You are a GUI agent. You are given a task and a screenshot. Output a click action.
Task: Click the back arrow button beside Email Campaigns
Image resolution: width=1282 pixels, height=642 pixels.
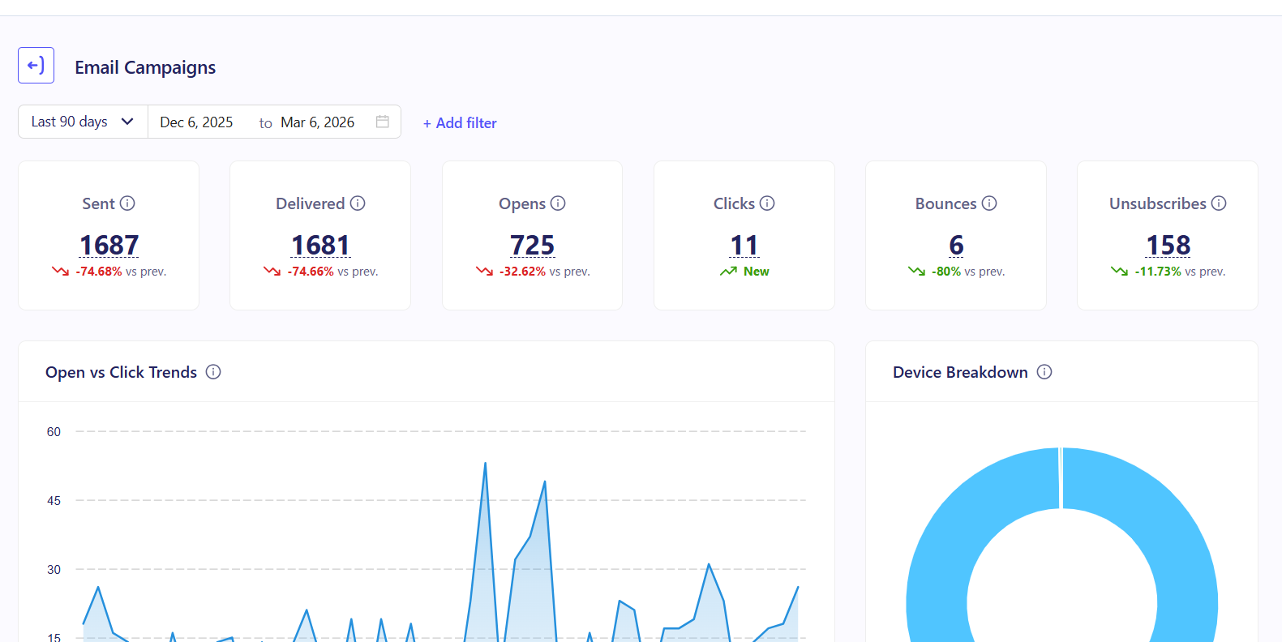tap(36, 66)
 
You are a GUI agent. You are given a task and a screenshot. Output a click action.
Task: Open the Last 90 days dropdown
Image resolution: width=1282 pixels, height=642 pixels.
tap(82, 122)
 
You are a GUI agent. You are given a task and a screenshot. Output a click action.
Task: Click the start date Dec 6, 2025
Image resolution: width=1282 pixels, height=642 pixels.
tap(196, 122)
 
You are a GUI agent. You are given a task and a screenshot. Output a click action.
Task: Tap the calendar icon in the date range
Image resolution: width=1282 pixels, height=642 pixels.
tap(383, 122)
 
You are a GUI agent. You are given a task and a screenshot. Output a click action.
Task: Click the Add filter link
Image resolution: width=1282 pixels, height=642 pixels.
tap(460, 123)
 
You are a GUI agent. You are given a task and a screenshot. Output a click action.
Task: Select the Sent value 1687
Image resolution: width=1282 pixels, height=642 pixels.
tap(109, 245)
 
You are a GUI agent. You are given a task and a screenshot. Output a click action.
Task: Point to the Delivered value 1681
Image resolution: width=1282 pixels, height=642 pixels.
tap(320, 245)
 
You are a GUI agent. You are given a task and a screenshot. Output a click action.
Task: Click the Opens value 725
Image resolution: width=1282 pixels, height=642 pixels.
tap(532, 245)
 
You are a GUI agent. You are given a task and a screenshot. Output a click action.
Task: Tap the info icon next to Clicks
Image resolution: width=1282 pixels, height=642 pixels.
tap(767, 203)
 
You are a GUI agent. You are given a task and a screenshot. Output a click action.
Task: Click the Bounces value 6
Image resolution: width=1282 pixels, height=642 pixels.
tap(956, 245)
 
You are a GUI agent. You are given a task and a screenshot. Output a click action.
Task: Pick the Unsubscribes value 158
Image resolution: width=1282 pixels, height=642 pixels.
tap(1168, 245)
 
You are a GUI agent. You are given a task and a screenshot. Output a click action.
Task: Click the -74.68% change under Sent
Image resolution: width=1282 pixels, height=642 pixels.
tap(99, 272)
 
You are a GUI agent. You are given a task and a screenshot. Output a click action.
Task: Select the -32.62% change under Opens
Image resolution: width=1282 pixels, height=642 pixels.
tap(522, 272)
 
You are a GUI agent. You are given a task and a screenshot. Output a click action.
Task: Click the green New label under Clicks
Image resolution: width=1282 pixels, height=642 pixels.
tap(756, 272)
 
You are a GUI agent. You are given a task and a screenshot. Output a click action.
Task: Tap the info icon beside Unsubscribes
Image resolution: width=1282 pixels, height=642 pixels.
tap(1219, 203)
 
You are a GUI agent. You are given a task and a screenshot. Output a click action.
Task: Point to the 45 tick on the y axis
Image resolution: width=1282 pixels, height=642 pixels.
tap(54, 501)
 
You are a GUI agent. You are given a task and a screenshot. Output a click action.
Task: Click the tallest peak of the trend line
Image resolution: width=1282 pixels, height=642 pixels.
tap(485, 464)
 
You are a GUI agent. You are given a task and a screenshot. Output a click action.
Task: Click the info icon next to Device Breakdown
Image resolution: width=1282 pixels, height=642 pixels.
tap(1044, 372)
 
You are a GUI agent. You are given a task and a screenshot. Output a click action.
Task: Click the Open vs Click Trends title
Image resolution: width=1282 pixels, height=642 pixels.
tap(121, 372)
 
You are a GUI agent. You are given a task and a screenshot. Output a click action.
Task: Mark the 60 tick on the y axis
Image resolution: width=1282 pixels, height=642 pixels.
tap(54, 432)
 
